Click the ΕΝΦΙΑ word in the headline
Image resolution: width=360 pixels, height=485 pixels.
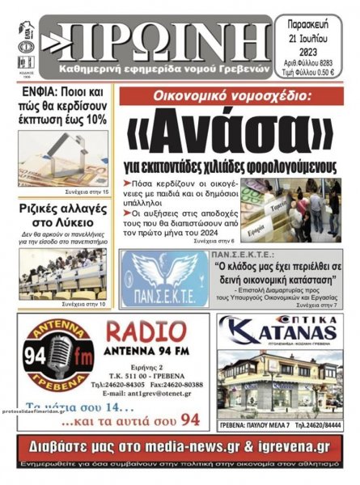[x=38, y=91]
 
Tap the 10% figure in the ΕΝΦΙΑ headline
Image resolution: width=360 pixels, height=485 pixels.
[x=95, y=118]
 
